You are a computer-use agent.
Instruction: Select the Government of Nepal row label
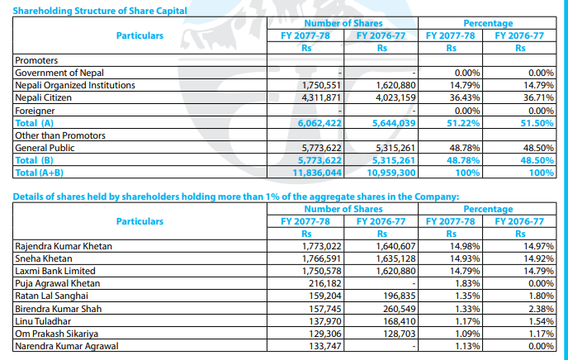click(56, 73)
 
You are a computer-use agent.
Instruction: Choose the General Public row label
click(45, 147)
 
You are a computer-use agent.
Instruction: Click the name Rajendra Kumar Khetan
click(64, 246)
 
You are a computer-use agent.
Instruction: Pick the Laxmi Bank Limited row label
click(55, 271)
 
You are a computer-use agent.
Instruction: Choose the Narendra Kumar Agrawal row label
click(67, 345)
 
